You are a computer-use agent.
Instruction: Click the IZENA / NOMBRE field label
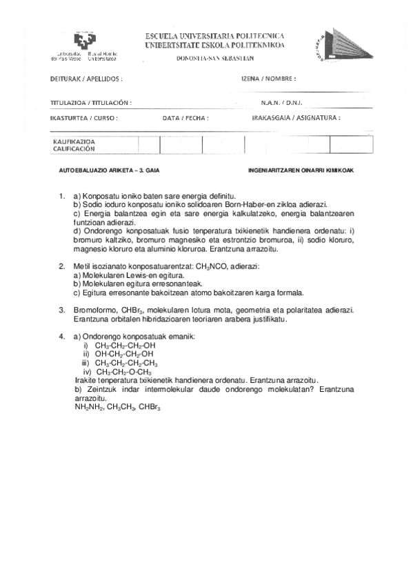point(268,79)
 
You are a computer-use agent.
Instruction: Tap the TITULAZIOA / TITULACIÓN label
point(90,102)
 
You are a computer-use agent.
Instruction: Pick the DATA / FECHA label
point(185,118)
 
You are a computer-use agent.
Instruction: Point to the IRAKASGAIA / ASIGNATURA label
point(296,118)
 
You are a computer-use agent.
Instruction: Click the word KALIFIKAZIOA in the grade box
point(74,142)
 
